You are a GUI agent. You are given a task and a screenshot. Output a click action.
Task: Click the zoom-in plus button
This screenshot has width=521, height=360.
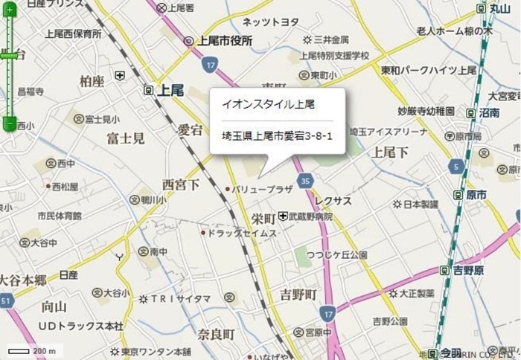pos(9,10)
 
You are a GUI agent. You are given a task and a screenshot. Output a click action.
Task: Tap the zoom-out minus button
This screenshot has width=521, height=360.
pos(9,123)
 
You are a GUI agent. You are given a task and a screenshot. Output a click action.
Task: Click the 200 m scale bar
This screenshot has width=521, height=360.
pos(19,350)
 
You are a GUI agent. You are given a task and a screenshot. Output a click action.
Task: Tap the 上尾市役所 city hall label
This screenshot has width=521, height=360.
pos(225,40)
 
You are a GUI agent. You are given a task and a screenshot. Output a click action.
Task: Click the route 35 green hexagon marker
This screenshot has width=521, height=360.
pos(305,180)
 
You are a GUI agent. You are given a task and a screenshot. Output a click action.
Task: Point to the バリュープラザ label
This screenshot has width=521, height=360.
pos(262,190)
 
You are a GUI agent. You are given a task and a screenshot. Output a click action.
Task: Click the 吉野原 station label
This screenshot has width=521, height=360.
pos(467,270)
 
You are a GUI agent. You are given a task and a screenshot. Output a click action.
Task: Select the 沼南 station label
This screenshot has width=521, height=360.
pos(489,112)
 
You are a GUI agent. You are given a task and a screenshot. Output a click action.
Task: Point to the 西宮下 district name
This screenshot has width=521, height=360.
pos(181,183)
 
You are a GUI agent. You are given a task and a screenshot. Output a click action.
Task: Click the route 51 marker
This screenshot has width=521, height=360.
pos(5,300)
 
